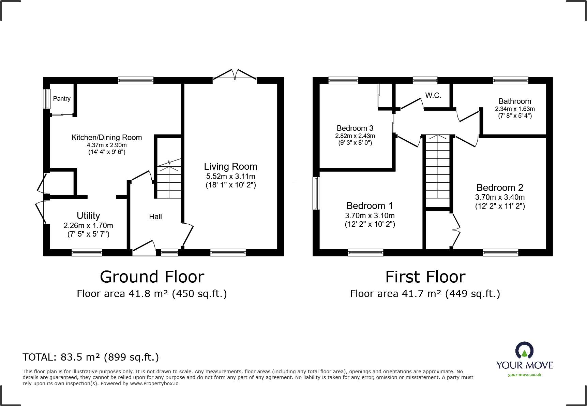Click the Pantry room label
tap(62, 99)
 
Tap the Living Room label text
tap(230, 167)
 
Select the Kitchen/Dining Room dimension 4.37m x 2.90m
tap(107, 145)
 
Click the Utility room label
tap(88, 216)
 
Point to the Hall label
tap(155, 217)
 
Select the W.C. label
tap(433, 96)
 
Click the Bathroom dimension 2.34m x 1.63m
tap(515, 109)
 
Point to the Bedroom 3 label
tap(355, 128)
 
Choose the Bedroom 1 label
tap(370, 206)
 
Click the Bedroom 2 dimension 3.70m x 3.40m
tap(500, 197)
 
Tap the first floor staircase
tap(438, 171)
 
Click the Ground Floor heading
tap(152, 277)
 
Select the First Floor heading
tap(425, 277)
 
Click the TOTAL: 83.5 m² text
tap(91, 357)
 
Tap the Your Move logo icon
tap(524, 351)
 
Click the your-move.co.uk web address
tap(524, 375)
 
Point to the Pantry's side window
tap(47, 99)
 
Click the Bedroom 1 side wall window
tap(316, 193)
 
